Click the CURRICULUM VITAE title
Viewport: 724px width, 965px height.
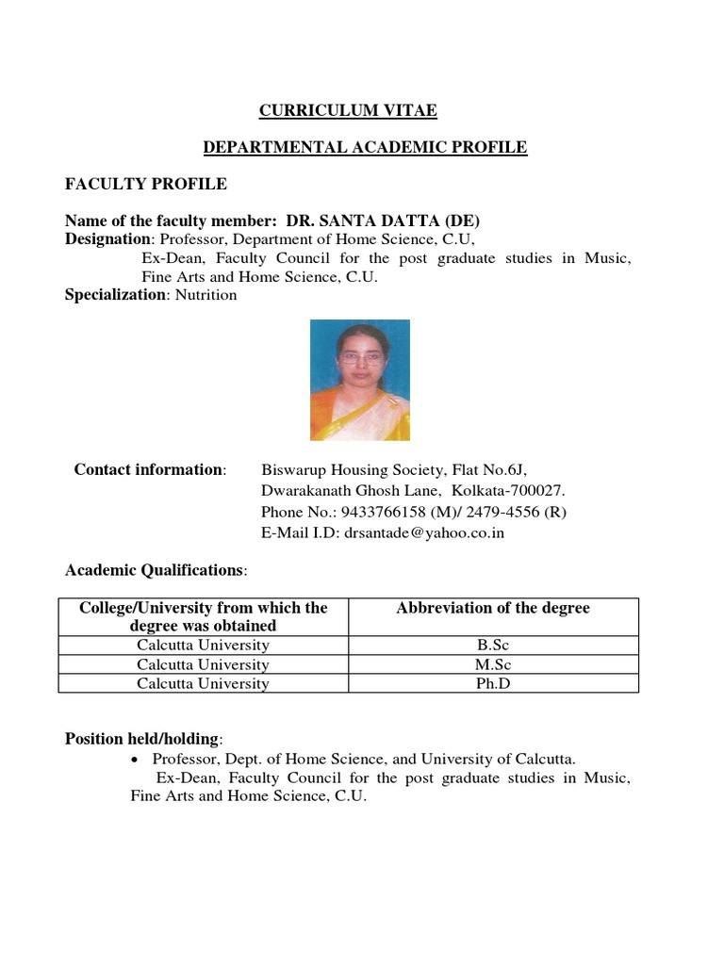(348, 111)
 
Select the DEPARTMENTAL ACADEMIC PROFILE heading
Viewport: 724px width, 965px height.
(366, 147)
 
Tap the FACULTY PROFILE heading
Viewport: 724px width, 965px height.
(145, 183)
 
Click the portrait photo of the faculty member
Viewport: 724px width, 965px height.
(360, 380)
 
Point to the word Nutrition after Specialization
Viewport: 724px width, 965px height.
(205, 295)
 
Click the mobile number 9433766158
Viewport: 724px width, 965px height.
(386, 512)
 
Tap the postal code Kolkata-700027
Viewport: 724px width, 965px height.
(508, 491)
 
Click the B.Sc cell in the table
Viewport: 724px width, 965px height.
(493, 646)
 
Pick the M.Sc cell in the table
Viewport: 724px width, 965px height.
(493, 664)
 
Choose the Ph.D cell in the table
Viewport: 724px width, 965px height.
(493, 683)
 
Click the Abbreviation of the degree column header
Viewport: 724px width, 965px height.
(493, 609)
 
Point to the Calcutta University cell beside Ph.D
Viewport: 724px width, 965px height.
(203, 683)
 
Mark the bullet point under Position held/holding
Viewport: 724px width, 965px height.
(137, 760)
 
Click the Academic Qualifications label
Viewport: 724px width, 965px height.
(155, 570)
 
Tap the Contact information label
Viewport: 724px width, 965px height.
(149, 469)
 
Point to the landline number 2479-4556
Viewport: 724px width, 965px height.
(490, 512)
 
